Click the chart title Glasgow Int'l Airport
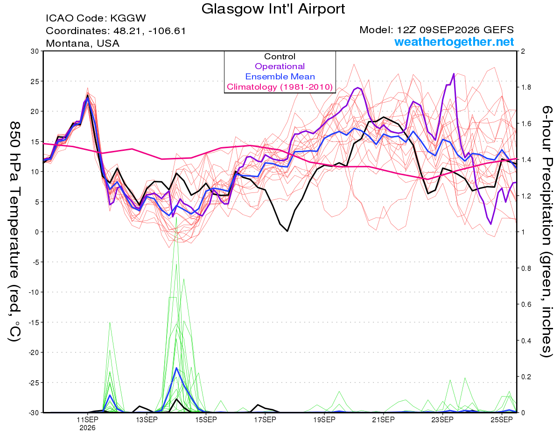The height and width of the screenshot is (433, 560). [273, 9]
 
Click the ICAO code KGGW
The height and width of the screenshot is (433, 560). [128, 18]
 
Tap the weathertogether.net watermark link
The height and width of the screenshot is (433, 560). [454, 42]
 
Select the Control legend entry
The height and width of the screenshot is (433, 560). [280, 57]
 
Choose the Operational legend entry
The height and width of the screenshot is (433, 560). [280, 66]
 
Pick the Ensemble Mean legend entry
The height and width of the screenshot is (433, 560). [280, 77]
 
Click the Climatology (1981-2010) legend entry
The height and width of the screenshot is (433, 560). [280, 87]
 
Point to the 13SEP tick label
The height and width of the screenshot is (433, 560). [147, 419]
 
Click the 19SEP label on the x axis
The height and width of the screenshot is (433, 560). [324, 419]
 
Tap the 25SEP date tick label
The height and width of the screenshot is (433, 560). [502, 419]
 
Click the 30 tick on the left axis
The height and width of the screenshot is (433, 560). [35, 51]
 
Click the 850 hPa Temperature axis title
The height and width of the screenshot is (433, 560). [14, 232]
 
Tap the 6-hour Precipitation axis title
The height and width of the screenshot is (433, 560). [546, 231]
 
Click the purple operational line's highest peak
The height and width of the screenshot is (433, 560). [454, 74]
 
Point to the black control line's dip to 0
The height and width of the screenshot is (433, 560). [287, 231]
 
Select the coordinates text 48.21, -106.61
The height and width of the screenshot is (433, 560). [149, 31]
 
